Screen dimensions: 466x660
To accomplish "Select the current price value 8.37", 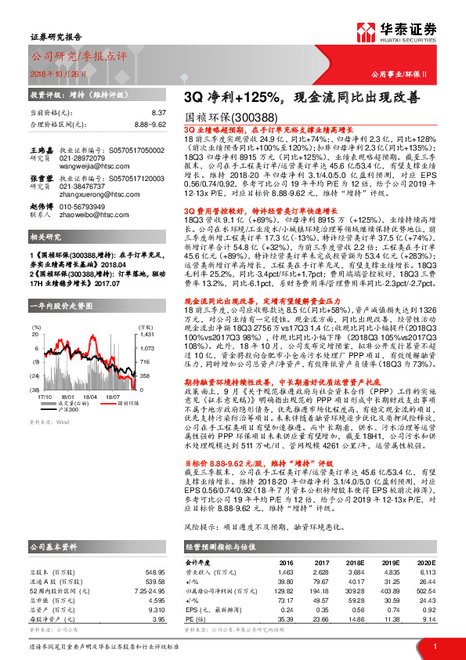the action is point(160,114).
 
